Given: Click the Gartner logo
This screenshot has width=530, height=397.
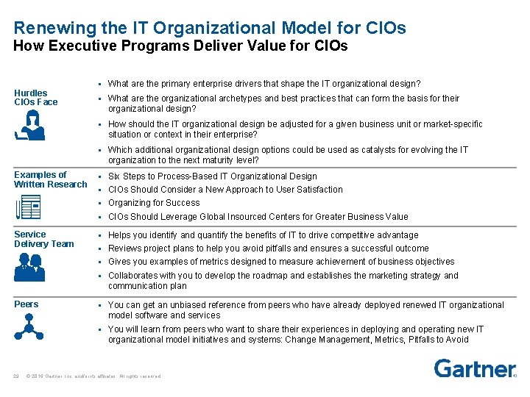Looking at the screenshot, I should pos(474,368).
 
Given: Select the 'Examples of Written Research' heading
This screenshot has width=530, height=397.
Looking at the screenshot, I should pos(50,179).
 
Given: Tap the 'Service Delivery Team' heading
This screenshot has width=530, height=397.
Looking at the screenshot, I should pos(44,239).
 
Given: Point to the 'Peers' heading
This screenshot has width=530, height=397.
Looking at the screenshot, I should pos(26,304).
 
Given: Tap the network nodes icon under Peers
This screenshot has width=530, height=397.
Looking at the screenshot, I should pos(30,326).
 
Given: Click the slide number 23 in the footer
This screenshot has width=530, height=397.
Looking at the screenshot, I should pos(16,376).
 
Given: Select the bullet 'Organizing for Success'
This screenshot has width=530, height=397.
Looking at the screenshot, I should pos(154,203).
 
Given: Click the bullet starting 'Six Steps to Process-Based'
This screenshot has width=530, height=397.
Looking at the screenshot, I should pos(213,176).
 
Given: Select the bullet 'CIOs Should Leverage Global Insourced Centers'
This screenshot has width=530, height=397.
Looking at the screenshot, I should pos(258,217).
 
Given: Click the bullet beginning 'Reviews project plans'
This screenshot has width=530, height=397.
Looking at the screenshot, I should pos(269,248).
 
